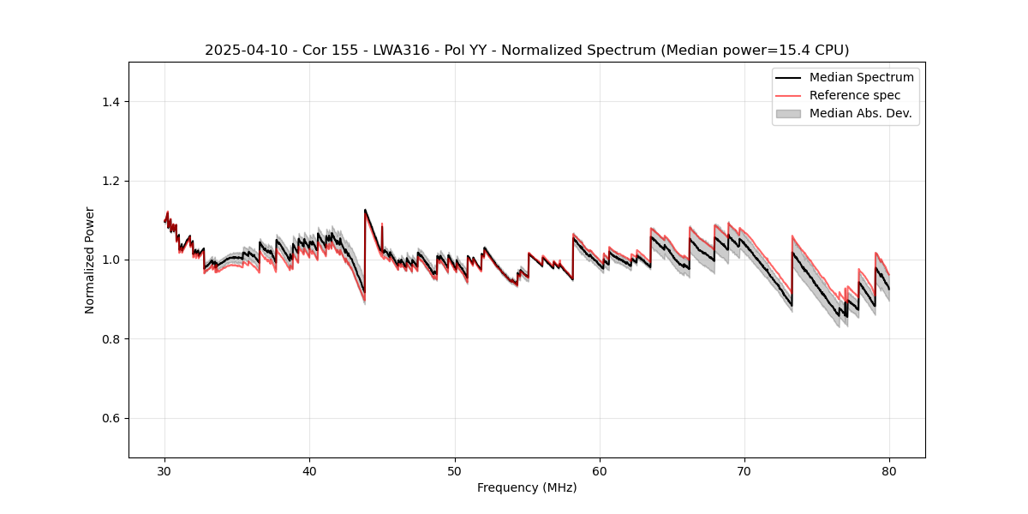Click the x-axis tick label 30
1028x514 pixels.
[x=165, y=470]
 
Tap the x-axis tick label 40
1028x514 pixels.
[x=310, y=470]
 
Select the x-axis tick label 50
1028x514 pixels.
[x=455, y=470]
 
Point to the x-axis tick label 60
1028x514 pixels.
[x=600, y=470]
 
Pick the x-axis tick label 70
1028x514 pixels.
[x=744, y=470]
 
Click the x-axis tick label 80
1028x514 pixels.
[x=889, y=470]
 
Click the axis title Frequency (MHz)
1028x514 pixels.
[x=527, y=487]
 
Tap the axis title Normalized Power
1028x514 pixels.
[x=90, y=260]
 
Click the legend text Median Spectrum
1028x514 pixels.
[x=861, y=77]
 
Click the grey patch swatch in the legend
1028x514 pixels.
[x=788, y=113]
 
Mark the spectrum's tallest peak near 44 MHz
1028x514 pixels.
[x=365, y=210]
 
